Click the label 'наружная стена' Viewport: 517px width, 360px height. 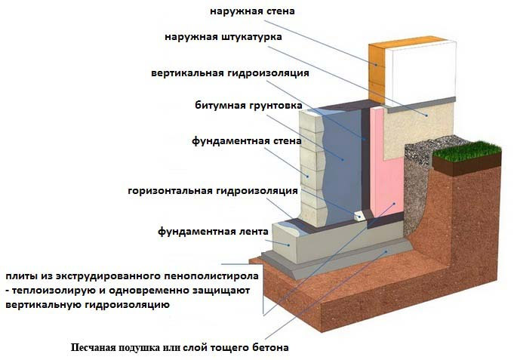252,11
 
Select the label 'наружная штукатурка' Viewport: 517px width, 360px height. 223,37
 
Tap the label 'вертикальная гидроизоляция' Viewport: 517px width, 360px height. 230,73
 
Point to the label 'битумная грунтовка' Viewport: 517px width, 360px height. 248,106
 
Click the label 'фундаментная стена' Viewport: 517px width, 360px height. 247,141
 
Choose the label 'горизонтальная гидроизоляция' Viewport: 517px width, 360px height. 213,191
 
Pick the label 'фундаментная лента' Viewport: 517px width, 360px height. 213,232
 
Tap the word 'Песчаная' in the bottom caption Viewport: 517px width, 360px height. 93,348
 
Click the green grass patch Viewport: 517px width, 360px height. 467,151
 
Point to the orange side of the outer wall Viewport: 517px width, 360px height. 377,73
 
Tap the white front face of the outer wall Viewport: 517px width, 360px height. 420,71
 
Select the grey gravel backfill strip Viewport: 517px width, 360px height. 417,185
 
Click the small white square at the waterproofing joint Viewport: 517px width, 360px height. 360,217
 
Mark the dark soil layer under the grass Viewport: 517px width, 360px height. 467,166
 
